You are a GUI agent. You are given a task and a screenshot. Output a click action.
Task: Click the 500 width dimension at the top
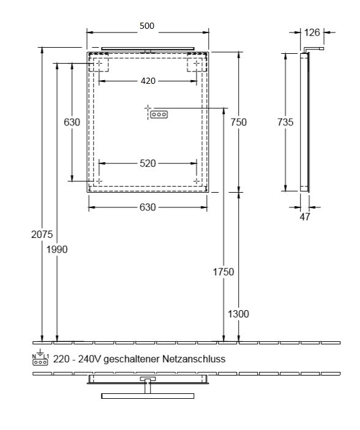tap(147, 26)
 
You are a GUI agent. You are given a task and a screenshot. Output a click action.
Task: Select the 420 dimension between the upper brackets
tap(148, 80)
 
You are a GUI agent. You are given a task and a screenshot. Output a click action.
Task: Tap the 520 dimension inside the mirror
tap(148, 163)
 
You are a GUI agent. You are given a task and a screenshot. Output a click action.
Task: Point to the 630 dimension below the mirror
tap(148, 207)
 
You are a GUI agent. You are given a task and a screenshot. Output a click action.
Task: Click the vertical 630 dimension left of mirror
tap(72, 122)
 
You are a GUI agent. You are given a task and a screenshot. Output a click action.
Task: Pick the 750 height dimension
tap(239, 122)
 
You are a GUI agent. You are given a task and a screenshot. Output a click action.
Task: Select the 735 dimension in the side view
tap(285, 122)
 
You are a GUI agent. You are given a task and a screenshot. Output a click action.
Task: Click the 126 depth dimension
tap(313, 32)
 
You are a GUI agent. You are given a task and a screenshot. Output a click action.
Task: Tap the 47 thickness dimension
tap(305, 216)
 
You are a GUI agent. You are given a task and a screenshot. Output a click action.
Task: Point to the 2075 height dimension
tap(42, 234)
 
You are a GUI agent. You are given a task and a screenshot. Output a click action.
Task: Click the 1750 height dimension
tap(224, 271)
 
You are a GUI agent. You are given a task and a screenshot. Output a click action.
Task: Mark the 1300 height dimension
tap(239, 314)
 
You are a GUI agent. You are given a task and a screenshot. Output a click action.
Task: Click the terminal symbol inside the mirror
tap(159, 114)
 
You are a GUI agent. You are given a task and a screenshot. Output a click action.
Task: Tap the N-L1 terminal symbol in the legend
tap(41, 358)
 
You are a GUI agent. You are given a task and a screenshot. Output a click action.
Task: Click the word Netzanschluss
tap(194, 360)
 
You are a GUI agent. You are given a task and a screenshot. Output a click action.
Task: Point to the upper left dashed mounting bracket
tap(99, 63)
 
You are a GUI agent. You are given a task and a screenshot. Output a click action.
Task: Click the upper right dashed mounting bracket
tap(195, 63)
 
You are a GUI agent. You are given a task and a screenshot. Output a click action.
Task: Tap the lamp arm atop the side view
tap(315, 48)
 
